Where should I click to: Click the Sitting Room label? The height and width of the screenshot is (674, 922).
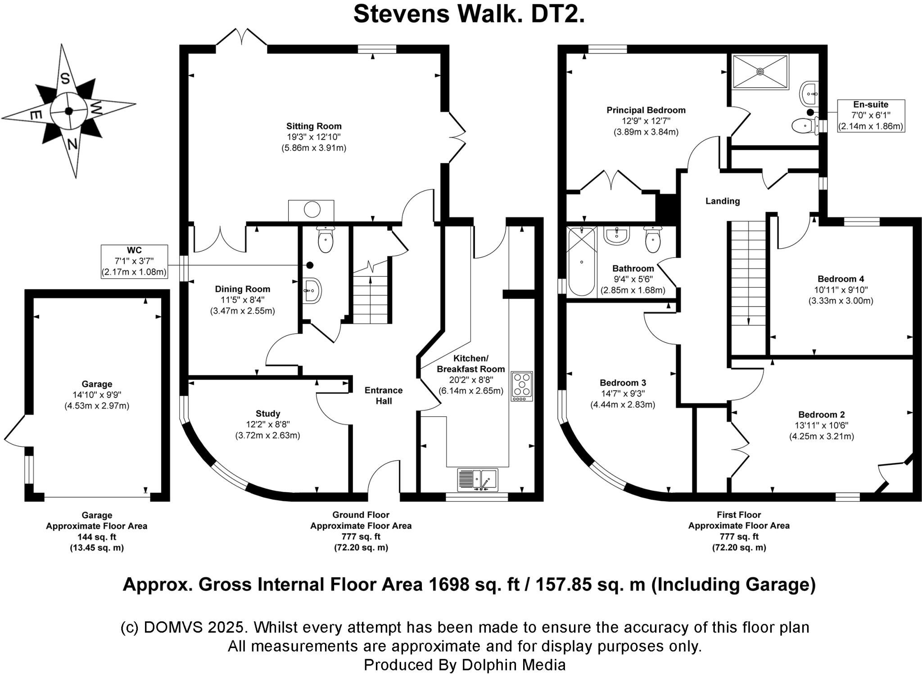[314, 126]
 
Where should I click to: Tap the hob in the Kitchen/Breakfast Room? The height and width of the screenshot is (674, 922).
[522, 386]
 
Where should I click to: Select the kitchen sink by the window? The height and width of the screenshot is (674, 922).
[478, 480]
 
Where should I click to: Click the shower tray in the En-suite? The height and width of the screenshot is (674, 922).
[760, 71]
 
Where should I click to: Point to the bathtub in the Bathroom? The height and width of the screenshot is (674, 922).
[582, 261]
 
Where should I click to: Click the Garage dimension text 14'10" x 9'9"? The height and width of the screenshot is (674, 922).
[97, 395]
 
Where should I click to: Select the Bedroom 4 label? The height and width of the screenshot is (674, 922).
[841, 279]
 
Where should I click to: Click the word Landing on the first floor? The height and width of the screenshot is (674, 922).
[723, 201]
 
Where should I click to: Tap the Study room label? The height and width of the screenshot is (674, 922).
[268, 414]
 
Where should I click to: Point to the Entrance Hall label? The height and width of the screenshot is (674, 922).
[384, 396]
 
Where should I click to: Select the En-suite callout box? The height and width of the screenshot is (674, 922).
[871, 116]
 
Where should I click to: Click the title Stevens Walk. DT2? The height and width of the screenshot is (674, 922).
[469, 14]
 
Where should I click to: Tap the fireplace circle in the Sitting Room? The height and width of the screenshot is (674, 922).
[312, 210]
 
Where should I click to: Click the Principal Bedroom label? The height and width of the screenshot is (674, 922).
[646, 110]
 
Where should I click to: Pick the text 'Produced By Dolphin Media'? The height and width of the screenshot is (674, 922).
[465, 665]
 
